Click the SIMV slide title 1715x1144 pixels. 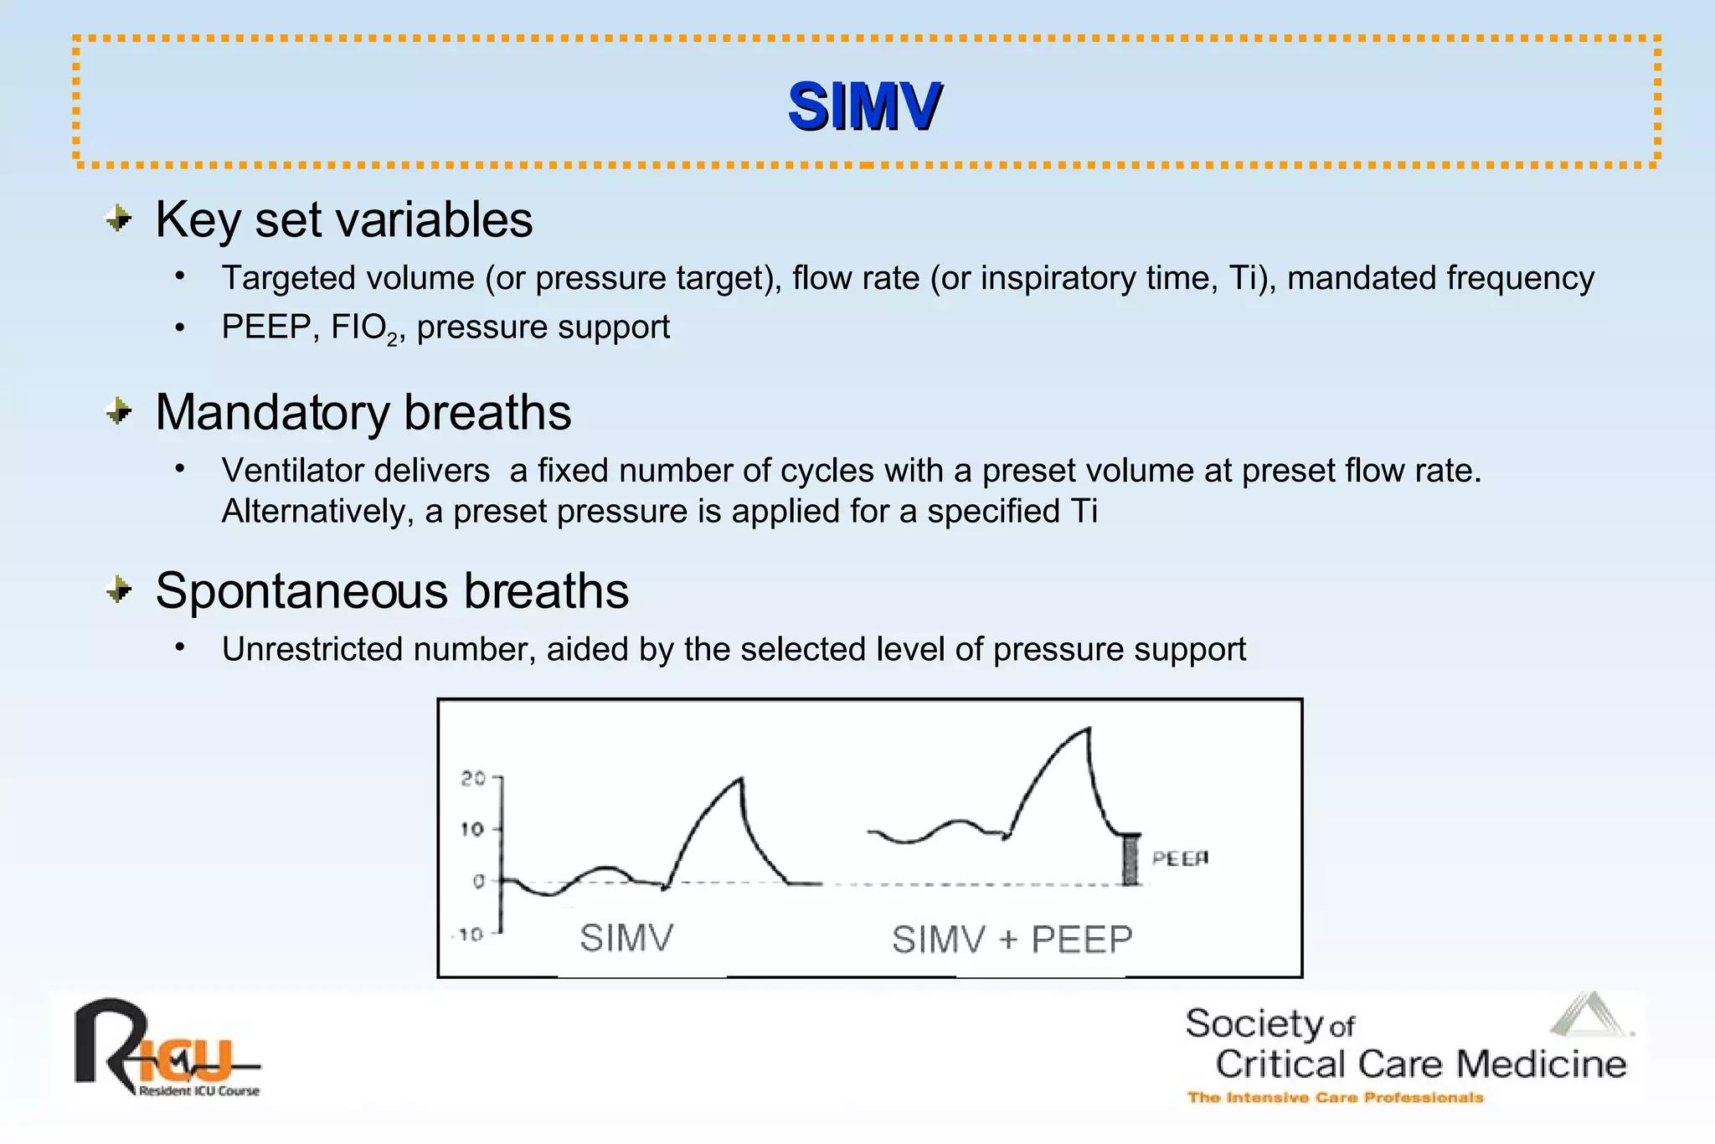pyautogui.click(x=864, y=106)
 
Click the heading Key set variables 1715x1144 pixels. pyautogui.click(x=343, y=219)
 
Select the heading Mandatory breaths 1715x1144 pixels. pyautogui.click(x=363, y=412)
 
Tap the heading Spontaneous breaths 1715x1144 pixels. pyautogui.click(x=391, y=590)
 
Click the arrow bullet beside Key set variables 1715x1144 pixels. pyautogui.click(x=119, y=219)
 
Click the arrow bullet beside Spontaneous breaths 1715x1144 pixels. pyautogui.click(x=119, y=590)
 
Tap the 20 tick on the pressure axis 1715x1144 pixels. pyautogui.click(x=473, y=778)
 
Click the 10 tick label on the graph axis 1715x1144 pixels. pyautogui.click(x=472, y=829)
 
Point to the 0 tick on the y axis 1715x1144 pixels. pyautogui.click(x=479, y=881)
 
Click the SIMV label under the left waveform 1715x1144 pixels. pyautogui.click(x=626, y=937)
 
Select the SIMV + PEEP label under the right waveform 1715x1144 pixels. pyautogui.click(x=1012, y=939)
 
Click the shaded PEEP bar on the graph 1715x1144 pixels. pyautogui.click(x=1130, y=860)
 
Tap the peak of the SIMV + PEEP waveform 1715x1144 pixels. pyautogui.click(x=1088, y=730)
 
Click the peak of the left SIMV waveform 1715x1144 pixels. pyautogui.click(x=741, y=780)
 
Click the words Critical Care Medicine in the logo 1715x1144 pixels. pyautogui.click(x=1420, y=1064)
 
